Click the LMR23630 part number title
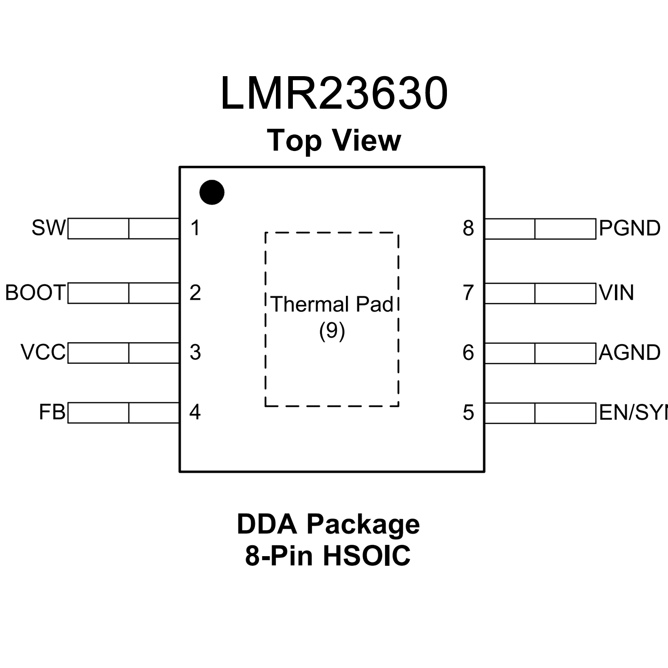click(x=334, y=94)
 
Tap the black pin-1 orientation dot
click(x=212, y=192)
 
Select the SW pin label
click(x=48, y=228)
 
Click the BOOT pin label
click(x=35, y=293)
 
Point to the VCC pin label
click(x=43, y=352)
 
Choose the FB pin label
click(x=52, y=412)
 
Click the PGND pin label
click(x=629, y=228)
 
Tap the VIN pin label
click(x=616, y=293)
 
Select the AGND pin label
click(x=629, y=352)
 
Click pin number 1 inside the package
click(x=195, y=228)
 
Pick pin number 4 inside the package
click(x=195, y=412)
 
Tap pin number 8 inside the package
click(x=468, y=228)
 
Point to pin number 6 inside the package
click(x=468, y=352)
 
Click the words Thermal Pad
click(x=332, y=304)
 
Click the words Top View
click(x=334, y=141)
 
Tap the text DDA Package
click(x=328, y=524)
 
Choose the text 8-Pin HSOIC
click(x=328, y=555)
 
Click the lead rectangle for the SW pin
click(x=124, y=228)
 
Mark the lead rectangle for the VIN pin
click(x=540, y=293)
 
